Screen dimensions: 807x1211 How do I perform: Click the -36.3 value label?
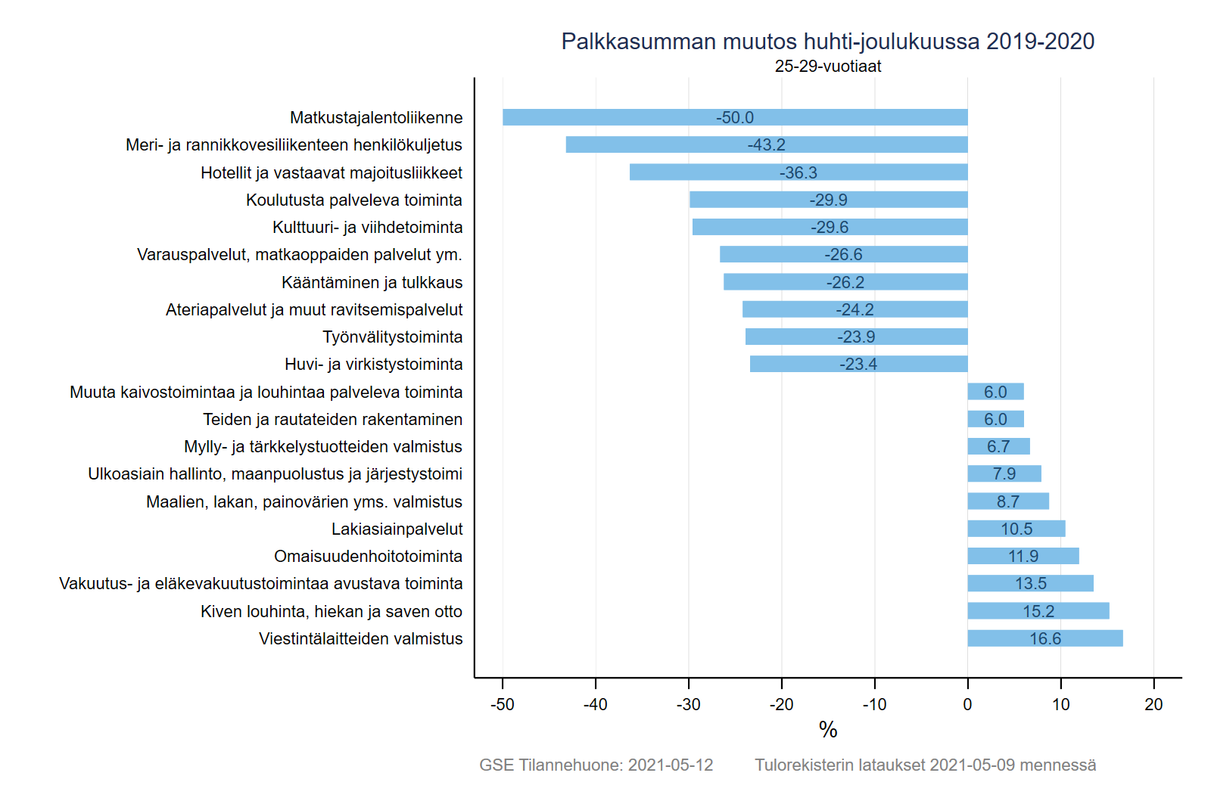pos(799,172)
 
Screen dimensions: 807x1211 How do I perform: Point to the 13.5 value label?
pos(1031,583)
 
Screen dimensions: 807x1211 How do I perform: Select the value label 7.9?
pos(1004,473)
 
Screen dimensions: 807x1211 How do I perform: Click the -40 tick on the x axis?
pos(595,704)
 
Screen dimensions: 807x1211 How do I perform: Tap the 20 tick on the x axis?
pos(1153,704)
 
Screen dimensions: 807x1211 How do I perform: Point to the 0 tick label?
pos(967,704)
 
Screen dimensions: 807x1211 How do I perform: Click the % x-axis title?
pos(828,730)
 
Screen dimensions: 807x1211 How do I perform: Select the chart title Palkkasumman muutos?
pos(827,41)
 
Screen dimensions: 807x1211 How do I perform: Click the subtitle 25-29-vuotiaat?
pos(827,67)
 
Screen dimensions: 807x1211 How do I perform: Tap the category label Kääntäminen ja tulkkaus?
pos(372,282)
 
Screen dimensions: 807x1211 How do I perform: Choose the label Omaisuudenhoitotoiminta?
pos(368,556)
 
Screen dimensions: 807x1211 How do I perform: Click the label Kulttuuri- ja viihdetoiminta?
pos(367,227)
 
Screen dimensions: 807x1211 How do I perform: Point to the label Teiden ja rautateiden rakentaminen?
pos(332,419)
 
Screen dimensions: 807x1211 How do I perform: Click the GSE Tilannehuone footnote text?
pos(596,765)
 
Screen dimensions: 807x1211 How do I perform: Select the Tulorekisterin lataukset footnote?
pos(925,765)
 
